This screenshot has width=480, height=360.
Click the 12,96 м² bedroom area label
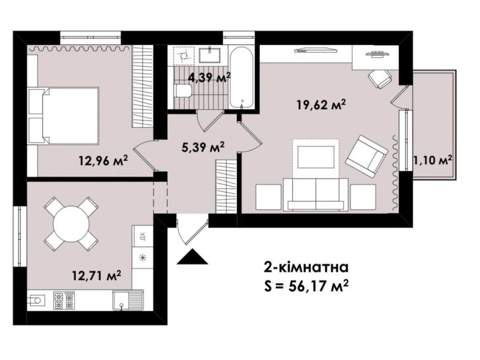coord(103,161)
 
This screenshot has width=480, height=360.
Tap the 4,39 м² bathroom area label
coord(209,77)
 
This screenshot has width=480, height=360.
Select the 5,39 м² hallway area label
coord(203,147)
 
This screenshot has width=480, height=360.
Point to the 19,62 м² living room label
coord(321,105)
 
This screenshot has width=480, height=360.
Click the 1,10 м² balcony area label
coord(433,161)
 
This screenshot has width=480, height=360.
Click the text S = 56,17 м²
coord(306,286)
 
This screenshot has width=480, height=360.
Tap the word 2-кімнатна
coord(306,268)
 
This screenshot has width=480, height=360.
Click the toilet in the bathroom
coord(184,91)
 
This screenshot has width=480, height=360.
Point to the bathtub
coord(241,77)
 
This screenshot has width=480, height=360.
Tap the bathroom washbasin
coord(210,55)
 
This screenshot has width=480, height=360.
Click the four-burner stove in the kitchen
coord(64,300)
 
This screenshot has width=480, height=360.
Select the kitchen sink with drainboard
coord(128,300)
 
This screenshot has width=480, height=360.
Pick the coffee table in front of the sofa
coord(316,157)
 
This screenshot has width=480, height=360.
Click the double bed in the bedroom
coord(63,115)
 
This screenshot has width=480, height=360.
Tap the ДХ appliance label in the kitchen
coord(142,236)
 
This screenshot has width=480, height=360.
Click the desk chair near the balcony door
coord(380,79)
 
